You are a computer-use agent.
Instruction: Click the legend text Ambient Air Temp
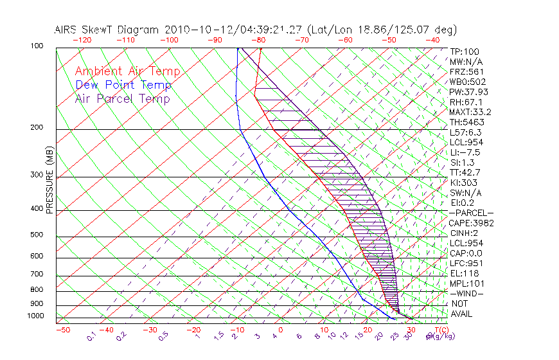(x=127, y=71)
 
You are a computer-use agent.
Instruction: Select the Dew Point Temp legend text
(x=123, y=85)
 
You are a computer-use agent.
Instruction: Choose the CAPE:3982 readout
(x=471, y=222)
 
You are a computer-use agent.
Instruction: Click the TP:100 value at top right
(x=464, y=51)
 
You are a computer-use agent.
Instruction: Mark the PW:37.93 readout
(x=468, y=92)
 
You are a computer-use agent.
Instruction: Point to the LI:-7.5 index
(x=466, y=152)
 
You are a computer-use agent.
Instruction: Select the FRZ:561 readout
(x=466, y=71)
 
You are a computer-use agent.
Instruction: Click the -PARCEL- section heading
(x=471, y=213)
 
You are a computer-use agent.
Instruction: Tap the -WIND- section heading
(x=466, y=293)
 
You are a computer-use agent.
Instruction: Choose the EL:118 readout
(x=464, y=273)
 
